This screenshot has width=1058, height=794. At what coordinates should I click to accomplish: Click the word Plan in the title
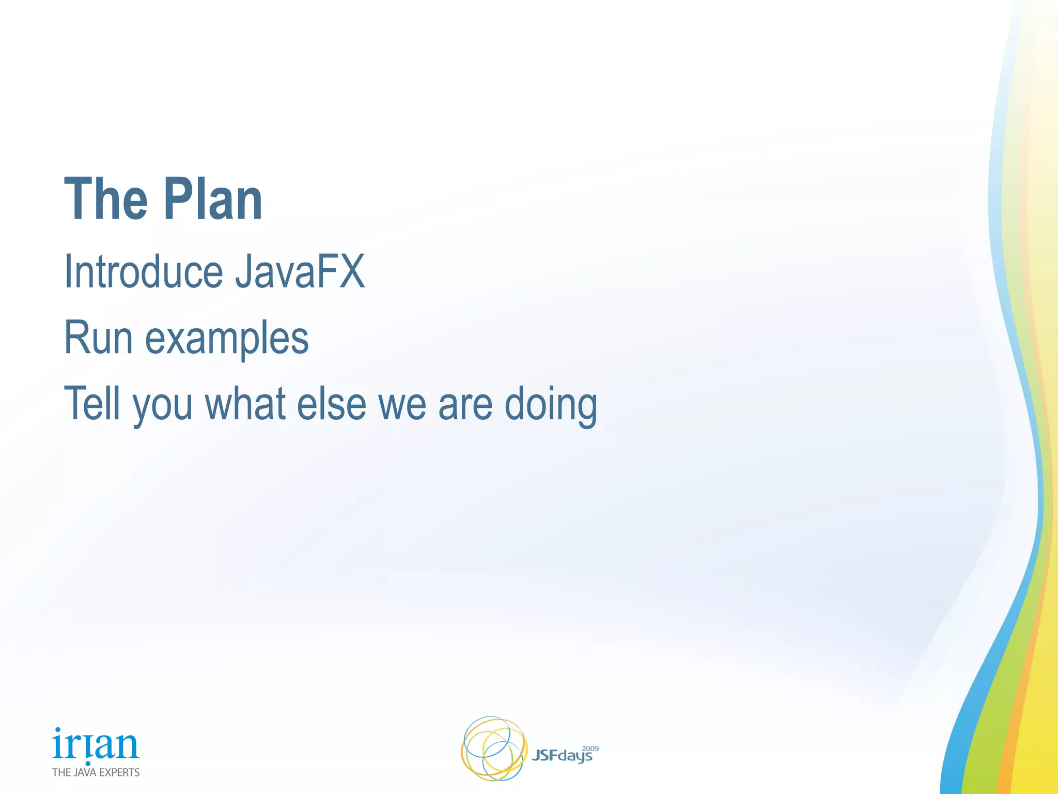[213, 200]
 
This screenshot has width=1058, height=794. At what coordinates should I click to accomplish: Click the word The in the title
[106, 200]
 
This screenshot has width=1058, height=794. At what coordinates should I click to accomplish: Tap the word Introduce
[143, 272]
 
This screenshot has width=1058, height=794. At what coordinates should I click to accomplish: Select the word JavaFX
[300, 272]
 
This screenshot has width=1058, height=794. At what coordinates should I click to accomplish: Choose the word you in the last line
[162, 406]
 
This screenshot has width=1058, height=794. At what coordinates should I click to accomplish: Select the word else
[331, 404]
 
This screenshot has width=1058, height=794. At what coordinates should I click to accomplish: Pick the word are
[465, 405]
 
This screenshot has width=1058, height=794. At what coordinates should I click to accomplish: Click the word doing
[551, 405]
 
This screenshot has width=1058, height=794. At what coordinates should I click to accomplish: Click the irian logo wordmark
[96, 744]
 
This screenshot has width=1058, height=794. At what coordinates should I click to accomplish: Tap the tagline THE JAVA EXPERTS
[96, 772]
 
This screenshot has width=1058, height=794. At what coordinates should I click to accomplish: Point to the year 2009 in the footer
[590, 749]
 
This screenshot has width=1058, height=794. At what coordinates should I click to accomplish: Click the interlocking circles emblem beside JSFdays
[493, 749]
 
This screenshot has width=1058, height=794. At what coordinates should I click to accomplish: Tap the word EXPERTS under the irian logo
[119, 772]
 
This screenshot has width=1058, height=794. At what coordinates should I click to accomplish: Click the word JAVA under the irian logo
[85, 772]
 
